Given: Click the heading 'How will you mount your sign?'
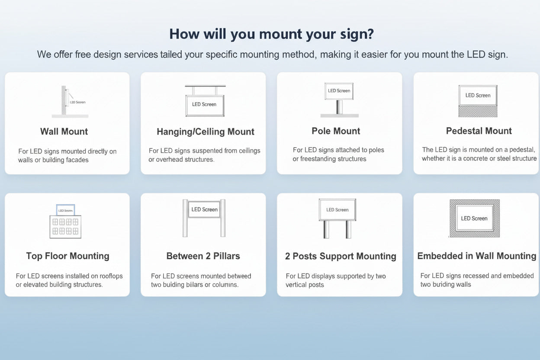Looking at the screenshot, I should (x=271, y=34).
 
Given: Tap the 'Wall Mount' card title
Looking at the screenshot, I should (x=64, y=132).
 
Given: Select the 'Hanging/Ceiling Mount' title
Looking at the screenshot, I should (x=206, y=132).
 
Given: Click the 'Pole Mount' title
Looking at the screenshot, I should (x=336, y=131).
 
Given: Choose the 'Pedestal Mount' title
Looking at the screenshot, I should (x=479, y=131).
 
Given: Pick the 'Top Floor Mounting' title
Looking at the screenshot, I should (x=67, y=256).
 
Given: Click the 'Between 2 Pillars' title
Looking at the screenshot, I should (x=203, y=256).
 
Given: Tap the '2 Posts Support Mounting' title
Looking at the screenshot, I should (x=341, y=256).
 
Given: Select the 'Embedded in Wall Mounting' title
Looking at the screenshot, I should (x=476, y=256).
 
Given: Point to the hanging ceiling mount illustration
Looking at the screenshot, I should (x=205, y=101).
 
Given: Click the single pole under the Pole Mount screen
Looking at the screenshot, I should (x=340, y=107).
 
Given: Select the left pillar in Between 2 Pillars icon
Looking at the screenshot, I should (x=185, y=219).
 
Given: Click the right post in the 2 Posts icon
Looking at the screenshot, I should (x=348, y=229).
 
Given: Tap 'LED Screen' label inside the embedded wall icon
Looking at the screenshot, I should (x=474, y=219).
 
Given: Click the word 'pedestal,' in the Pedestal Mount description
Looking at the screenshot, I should (x=523, y=150).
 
